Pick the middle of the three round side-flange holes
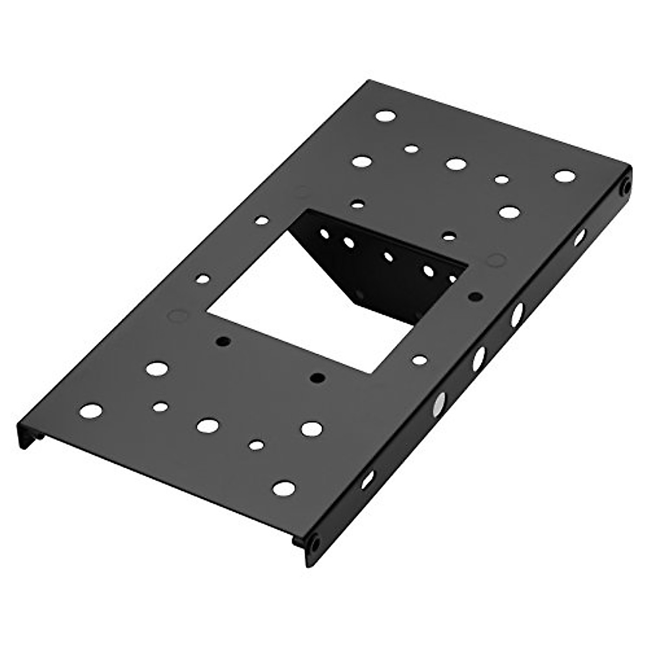[478, 358]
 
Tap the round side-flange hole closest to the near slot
[439, 403]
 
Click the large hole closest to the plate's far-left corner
[386, 116]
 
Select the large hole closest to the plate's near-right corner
[284, 488]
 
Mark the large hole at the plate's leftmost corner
[91, 410]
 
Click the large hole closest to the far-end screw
[565, 176]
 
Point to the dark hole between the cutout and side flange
[476, 296]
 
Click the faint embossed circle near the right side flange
[495, 260]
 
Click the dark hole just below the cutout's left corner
[222, 341]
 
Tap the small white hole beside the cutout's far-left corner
[262, 220]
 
